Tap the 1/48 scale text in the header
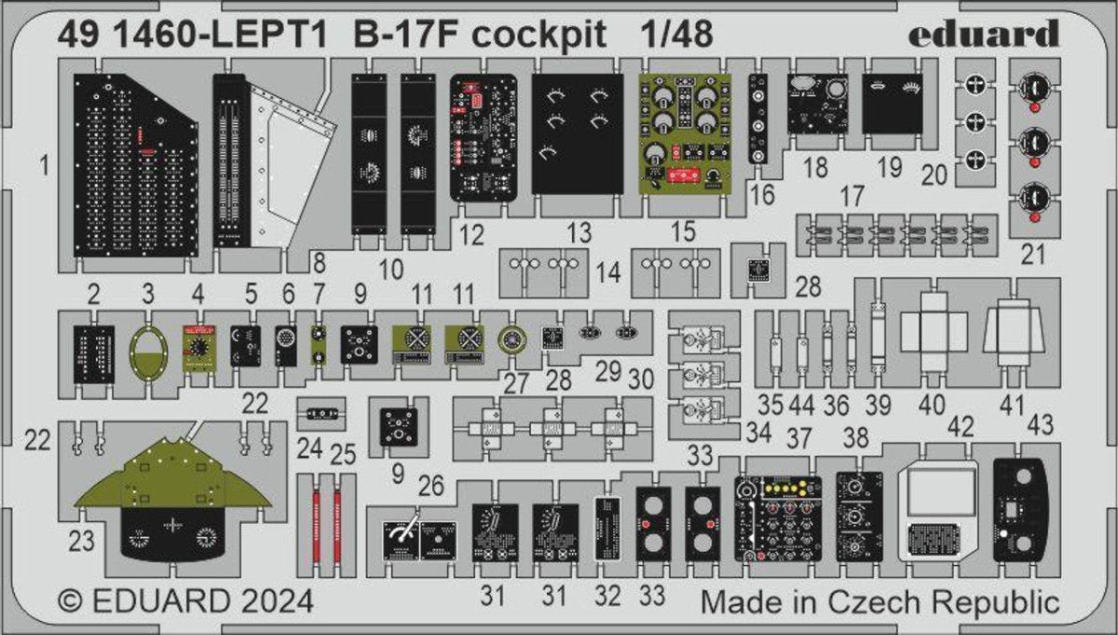[677, 34]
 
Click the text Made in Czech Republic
[880, 600]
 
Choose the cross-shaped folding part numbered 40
[932, 333]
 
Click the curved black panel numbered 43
[1025, 508]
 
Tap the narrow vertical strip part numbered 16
[760, 119]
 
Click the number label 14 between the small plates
[608, 273]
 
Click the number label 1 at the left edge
[44, 168]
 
